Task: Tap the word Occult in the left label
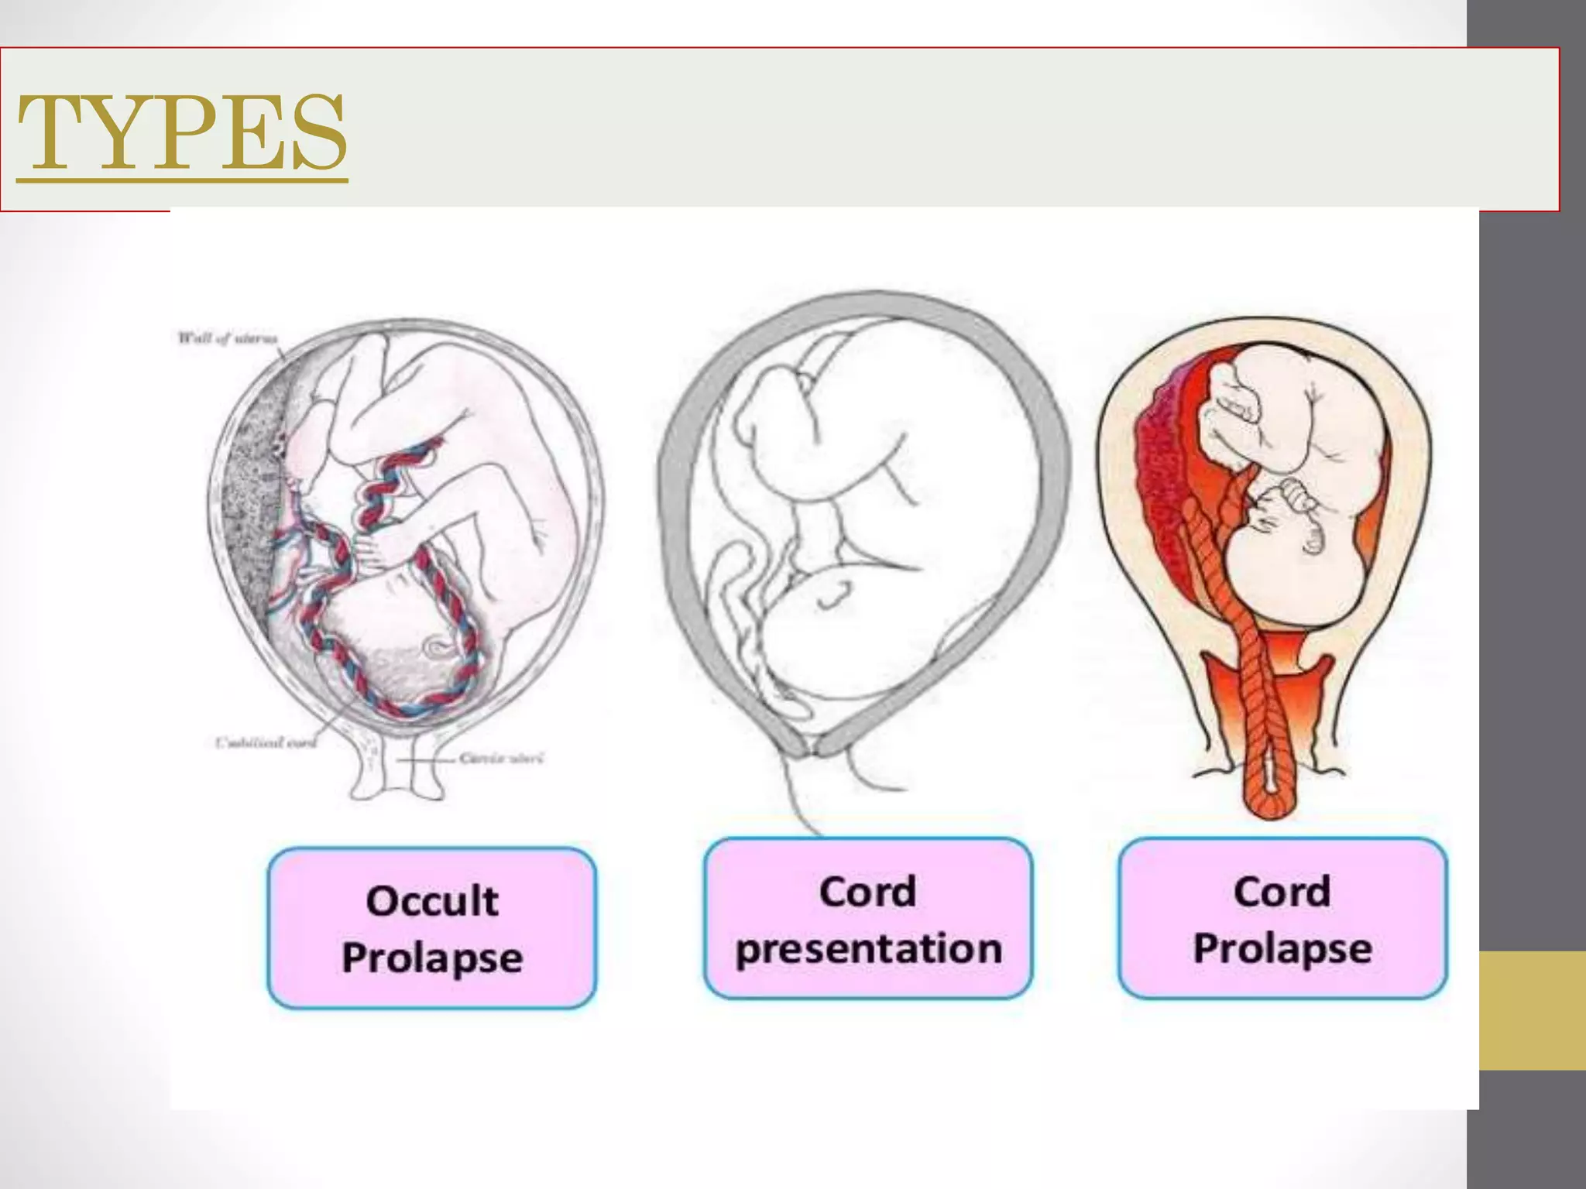tap(432, 901)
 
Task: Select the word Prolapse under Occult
tap(432, 958)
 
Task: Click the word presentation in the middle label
tap(868, 949)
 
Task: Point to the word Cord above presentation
tap(867, 892)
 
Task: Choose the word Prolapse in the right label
tap(1282, 948)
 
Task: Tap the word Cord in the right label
tap(1282, 892)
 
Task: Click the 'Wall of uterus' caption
tap(227, 338)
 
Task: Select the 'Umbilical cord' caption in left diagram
tap(266, 743)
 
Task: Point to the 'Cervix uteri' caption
tap(501, 758)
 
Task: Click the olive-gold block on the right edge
tap(1532, 1010)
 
